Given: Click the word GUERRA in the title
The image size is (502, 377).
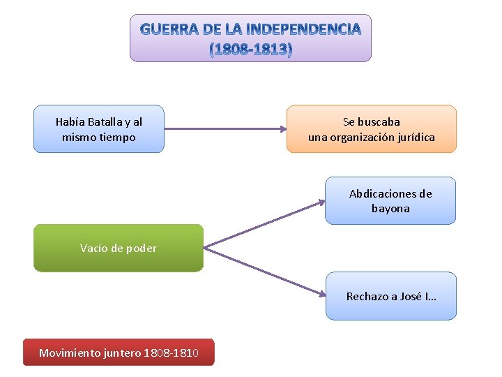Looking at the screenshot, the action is tap(167, 29).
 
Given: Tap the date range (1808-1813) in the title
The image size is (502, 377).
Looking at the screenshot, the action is tap(251, 50).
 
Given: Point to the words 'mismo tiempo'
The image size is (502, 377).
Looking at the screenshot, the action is tap(99, 138).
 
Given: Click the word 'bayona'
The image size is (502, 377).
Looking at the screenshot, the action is tap(390, 209).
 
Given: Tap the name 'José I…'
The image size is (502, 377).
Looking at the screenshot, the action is tap(420, 297).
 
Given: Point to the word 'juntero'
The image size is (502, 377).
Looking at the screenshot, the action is tap(122, 353).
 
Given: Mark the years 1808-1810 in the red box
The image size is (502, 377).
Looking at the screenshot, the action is tap(171, 353).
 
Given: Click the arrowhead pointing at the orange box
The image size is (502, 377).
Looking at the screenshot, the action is tap(282, 128).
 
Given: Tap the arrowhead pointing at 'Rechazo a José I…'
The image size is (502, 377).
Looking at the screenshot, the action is tap(321, 292).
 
